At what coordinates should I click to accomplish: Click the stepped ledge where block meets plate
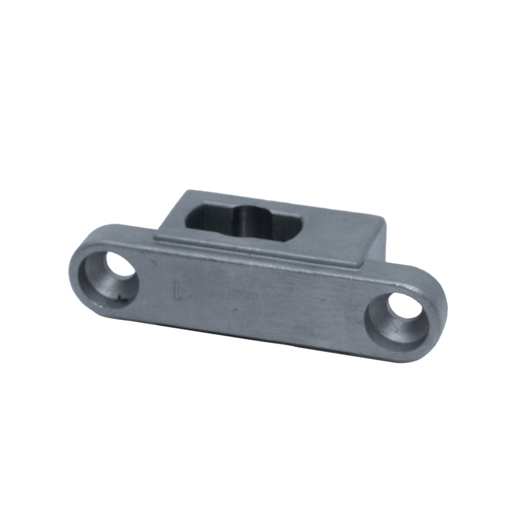256,253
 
